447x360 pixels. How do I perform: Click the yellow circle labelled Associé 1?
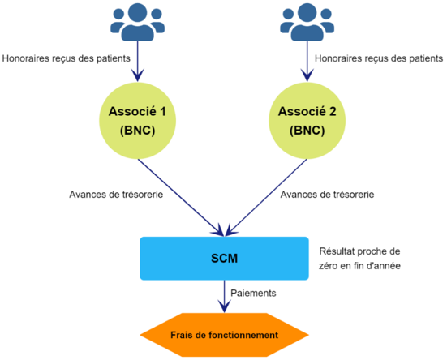(x=137, y=121)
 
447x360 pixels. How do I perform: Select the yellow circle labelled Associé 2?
(x=307, y=121)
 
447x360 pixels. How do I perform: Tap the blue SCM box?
(x=224, y=259)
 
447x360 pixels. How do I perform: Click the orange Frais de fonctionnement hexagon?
(x=224, y=335)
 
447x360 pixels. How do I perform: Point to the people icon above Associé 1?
(x=137, y=22)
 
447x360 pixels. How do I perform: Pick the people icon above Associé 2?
(x=307, y=22)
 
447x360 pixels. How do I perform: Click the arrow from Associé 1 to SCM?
(x=181, y=197)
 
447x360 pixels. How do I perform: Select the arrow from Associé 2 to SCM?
(x=266, y=197)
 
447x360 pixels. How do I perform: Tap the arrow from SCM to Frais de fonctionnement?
(x=225, y=297)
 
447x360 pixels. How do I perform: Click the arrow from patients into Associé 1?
(x=137, y=62)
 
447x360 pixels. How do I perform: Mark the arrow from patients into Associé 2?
(x=307, y=62)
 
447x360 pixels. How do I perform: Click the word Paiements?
(x=253, y=293)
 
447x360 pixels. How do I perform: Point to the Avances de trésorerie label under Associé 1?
(x=116, y=195)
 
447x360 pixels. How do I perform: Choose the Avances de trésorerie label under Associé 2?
(x=327, y=195)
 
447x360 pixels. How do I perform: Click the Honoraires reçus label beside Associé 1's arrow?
(x=67, y=58)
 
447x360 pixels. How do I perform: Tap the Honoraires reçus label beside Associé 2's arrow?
(x=379, y=58)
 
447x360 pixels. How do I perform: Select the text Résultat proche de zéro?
(x=359, y=259)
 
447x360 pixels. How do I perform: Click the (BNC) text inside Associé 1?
(x=137, y=131)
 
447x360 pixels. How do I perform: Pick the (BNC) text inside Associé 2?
(x=307, y=131)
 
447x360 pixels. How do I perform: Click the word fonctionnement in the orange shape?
(x=243, y=335)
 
